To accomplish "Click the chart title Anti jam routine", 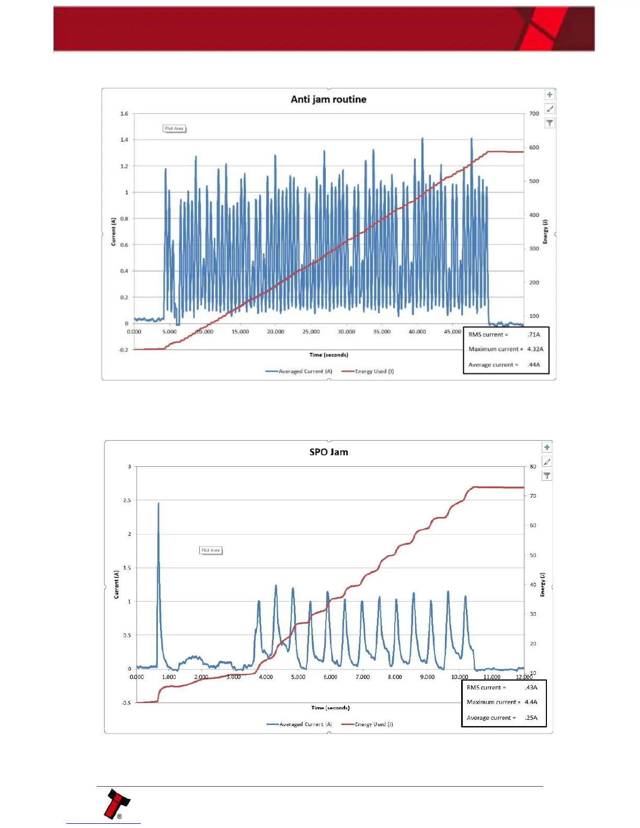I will [x=328, y=99].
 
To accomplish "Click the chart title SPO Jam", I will [x=328, y=452].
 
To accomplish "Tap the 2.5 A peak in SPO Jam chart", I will [x=158, y=504].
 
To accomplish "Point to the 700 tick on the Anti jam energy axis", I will [x=534, y=113].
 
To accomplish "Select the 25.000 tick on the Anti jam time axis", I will [x=311, y=332].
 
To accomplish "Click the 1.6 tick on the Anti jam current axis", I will [x=124, y=113].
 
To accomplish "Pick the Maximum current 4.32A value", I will [x=535, y=349].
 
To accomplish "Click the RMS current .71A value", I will [x=534, y=335].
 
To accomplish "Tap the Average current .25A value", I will [x=531, y=718].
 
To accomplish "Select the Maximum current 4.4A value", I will [x=531, y=702].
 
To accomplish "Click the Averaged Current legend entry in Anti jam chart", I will [x=299, y=372].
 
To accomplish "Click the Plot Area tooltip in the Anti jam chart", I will [x=174, y=129].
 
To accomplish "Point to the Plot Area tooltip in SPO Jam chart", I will [x=211, y=550].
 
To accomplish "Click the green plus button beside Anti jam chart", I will [x=550, y=95].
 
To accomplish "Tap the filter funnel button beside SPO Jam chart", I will [x=547, y=476].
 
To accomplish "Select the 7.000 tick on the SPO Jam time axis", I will [x=362, y=677].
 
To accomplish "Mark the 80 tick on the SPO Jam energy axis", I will [x=533, y=466].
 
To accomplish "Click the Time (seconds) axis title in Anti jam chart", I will [x=328, y=355].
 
